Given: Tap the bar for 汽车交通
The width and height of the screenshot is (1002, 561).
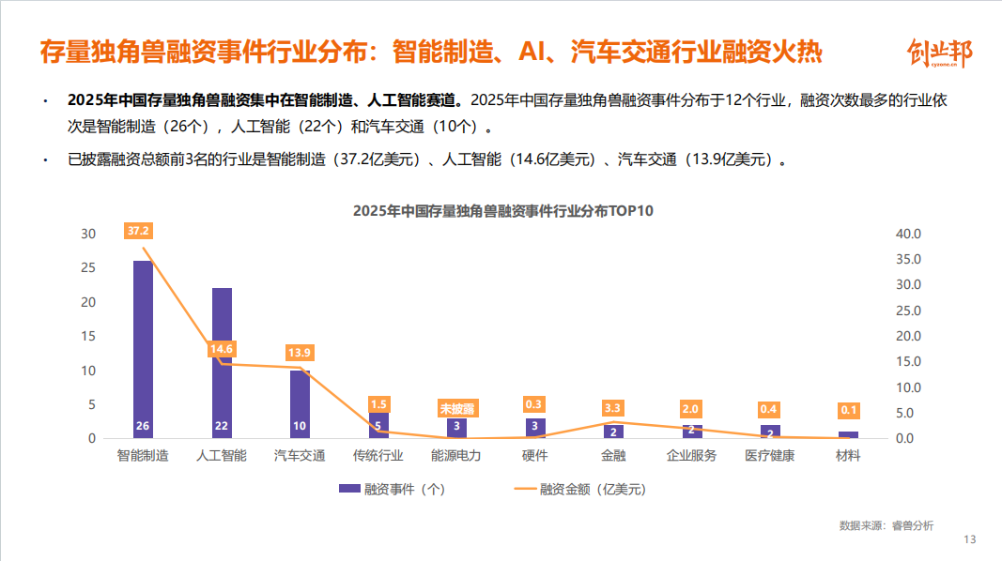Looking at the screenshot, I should tap(300, 404).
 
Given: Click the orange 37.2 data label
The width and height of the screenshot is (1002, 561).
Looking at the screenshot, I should tap(139, 231).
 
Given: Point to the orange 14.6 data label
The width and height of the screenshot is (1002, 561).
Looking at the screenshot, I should tap(222, 349).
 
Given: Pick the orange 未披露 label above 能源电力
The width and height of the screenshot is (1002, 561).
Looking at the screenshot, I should tap(457, 409).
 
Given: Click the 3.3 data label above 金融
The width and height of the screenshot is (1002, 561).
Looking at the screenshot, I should tap(613, 408).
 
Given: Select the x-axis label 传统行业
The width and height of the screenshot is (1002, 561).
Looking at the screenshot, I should tap(378, 456).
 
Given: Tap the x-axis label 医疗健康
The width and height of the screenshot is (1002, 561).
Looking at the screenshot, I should tap(769, 456).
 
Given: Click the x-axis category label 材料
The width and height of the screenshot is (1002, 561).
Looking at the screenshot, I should tap(848, 456).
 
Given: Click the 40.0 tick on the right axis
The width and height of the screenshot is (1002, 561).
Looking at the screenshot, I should tap(909, 234).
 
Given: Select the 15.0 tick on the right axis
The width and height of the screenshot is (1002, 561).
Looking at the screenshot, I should tap(909, 362).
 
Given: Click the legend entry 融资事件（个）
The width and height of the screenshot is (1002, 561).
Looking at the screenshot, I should tap(393, 489).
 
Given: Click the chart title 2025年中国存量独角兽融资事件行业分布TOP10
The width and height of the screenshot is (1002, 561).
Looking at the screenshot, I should tap(502, 211).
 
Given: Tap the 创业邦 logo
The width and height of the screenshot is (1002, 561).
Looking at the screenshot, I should tap(939, 54).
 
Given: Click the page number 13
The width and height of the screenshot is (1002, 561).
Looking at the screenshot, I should tap(970, 539).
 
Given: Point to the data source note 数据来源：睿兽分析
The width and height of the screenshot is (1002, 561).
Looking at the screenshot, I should tap(886, 525).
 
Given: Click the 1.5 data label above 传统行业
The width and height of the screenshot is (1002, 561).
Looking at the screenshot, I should tap(379, 403).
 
